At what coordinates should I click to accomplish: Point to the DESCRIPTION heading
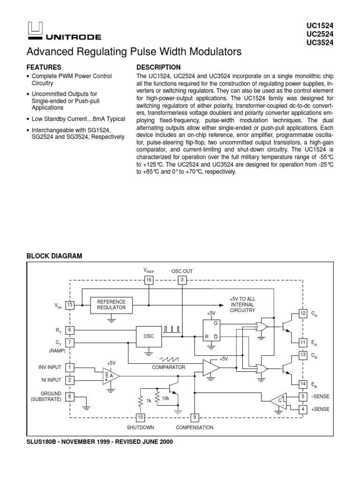(x=158, y=67)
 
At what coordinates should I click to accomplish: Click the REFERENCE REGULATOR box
(x=111, y=305)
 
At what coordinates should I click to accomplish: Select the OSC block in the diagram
(x=149, y=336)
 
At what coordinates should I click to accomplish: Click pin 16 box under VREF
(x=149, y=280)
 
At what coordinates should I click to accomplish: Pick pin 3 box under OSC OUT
(x=182, y=280)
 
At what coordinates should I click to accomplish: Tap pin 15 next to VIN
(x=70, y=305)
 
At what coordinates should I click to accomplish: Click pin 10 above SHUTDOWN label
(x=140, y=417)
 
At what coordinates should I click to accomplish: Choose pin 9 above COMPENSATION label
(x=194, y=417)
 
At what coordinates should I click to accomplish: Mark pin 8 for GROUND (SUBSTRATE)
(x=70, y=397)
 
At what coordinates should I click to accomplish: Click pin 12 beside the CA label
(x=303, y=313)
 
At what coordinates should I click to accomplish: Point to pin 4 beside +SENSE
(x=303, y=409)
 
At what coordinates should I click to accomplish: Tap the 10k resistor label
(x=165, y=398)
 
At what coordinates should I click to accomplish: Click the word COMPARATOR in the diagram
(x=169, y=367)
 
